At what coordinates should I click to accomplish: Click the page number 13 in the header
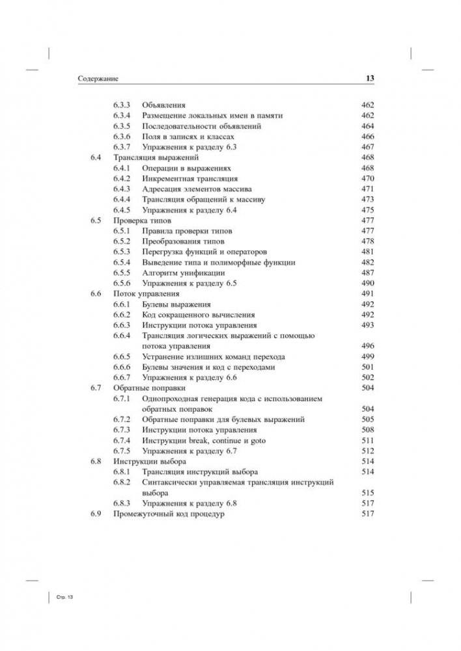click(x=368, y=79)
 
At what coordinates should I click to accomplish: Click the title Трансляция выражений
click(x=147, y=157)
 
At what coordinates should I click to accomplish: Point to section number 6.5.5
click(x=122, y=272)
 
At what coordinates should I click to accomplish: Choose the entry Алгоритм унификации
click(x=183, y=272)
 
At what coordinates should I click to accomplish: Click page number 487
click(x=367, y=272)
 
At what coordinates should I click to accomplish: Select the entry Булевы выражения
click(x=177, y=304)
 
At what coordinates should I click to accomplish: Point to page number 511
click(x=367, y=440)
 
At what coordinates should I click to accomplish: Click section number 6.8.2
click(x=122, y=483)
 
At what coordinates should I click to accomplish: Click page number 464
click(x=367, y=126)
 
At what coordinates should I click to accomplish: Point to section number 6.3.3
click(x=122, y=104)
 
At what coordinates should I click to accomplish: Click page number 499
click(x=367, y=356)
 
